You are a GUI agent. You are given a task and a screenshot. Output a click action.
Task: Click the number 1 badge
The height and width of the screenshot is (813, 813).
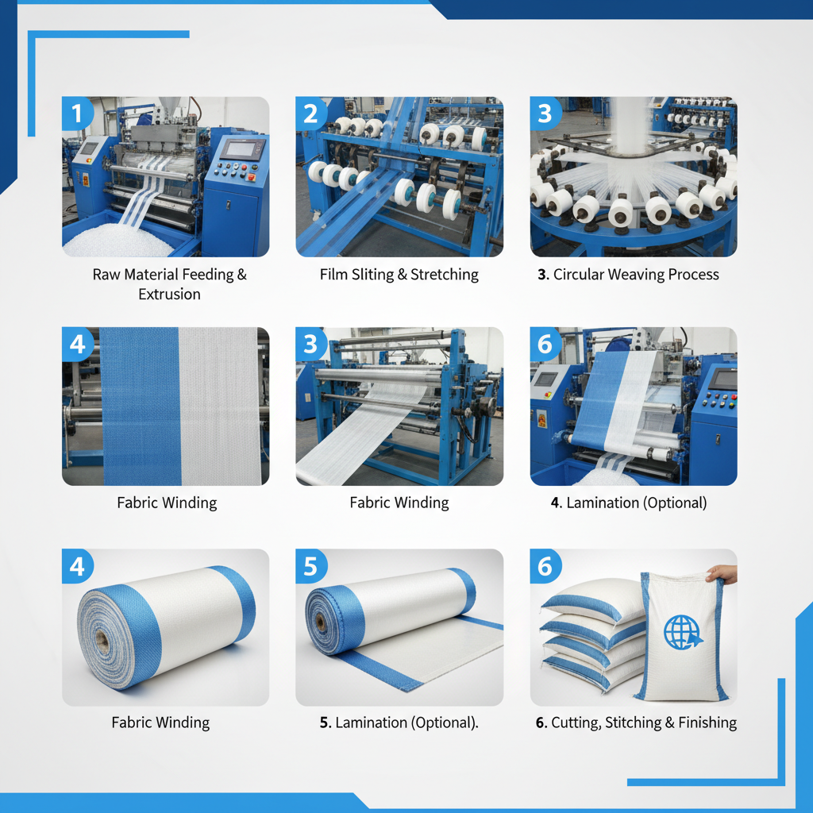tap(77, 114)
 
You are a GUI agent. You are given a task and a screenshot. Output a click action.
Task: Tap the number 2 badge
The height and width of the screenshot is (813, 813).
tap(310, 114)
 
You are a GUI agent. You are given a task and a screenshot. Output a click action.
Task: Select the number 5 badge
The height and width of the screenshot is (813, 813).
tap(310, 566)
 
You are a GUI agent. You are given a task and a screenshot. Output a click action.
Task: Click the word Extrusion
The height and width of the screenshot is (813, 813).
tap(169, 295)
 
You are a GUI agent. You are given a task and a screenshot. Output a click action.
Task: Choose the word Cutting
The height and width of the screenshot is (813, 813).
tap(577, 722)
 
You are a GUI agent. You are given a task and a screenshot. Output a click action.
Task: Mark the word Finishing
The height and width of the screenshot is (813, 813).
tap(707, 722)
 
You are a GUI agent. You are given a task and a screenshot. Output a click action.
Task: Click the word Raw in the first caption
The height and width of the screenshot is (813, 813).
tap(106, 275)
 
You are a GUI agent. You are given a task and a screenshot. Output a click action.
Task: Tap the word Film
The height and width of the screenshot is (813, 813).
tap(334, 275)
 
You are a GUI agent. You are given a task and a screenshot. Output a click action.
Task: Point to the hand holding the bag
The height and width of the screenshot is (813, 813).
tap(722, 573)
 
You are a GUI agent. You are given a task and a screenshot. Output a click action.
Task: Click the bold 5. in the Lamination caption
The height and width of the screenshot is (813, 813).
tap(326, 722)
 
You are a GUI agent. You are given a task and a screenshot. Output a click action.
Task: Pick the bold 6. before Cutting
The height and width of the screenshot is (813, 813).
tap(541, 722)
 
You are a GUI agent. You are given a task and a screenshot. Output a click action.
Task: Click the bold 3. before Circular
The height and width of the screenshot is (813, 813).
tap(543, 275)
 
